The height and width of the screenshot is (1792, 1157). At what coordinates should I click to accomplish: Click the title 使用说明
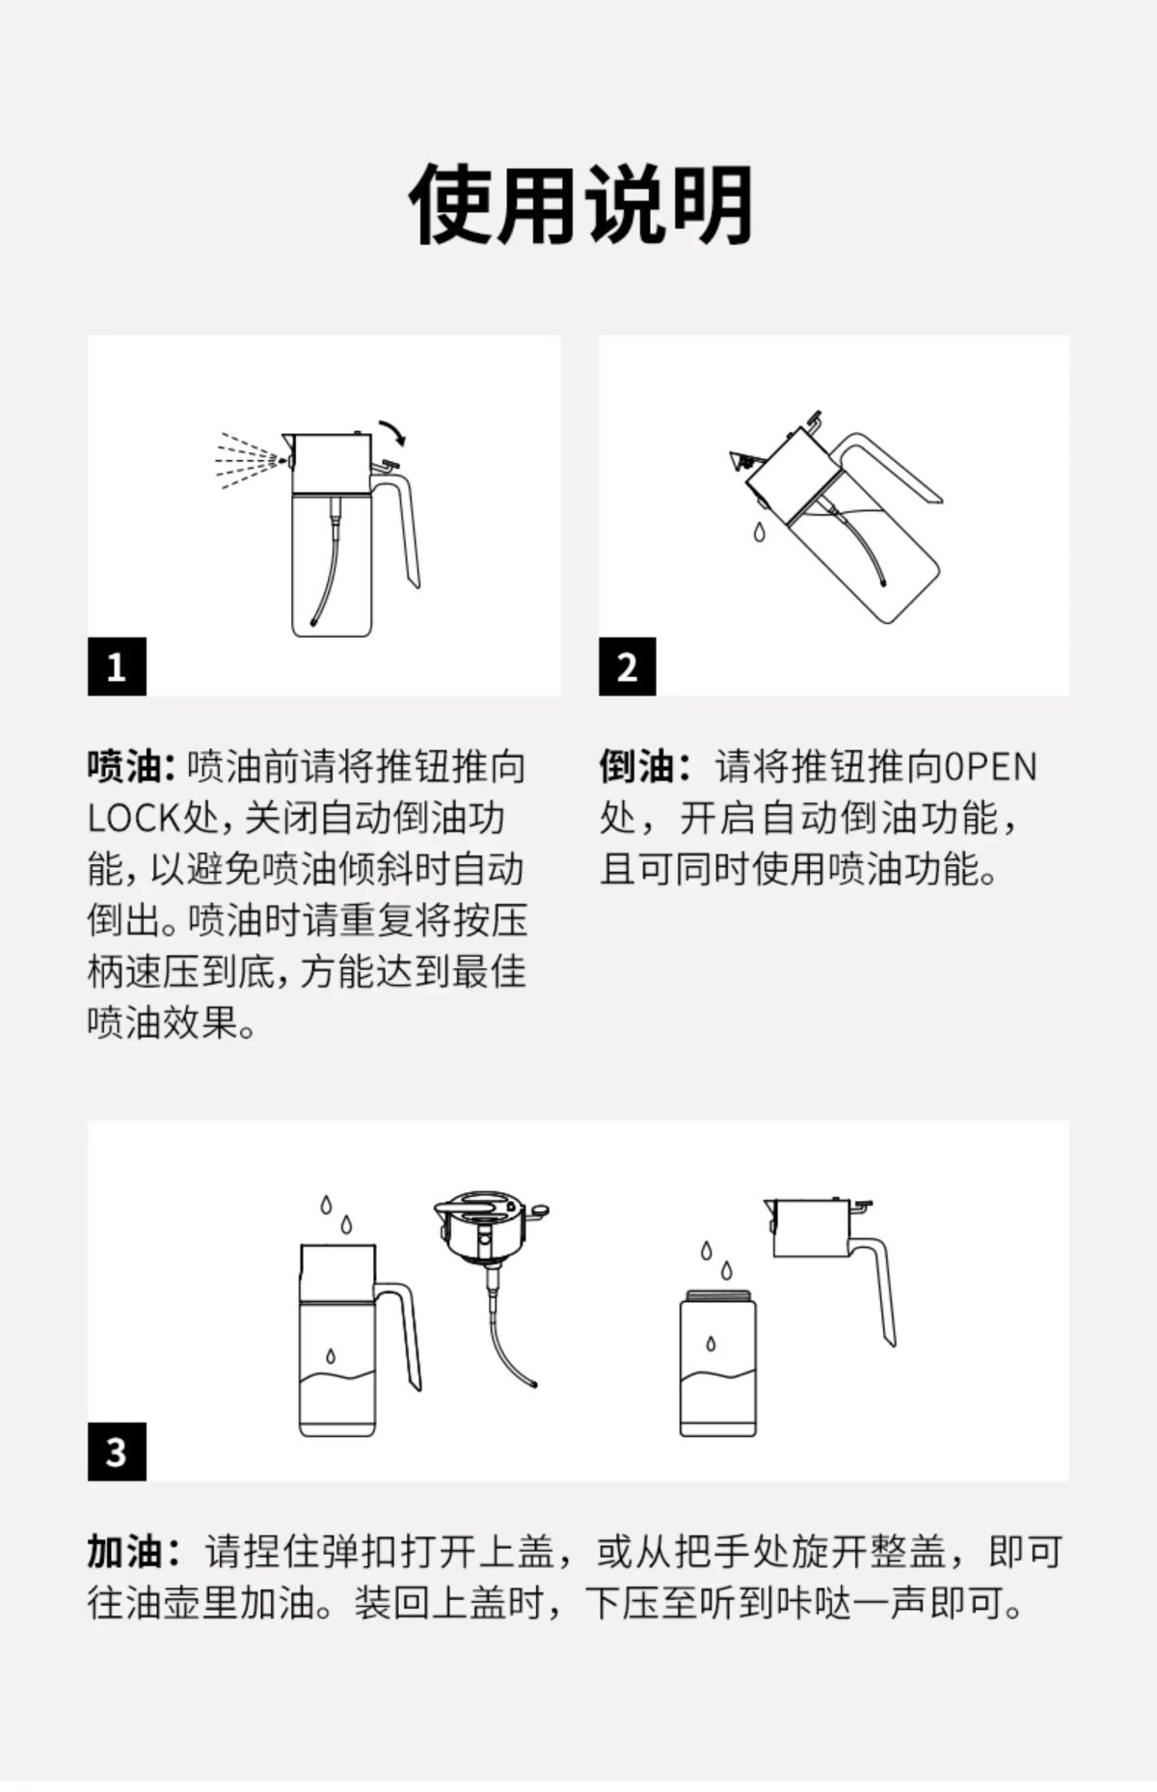580,204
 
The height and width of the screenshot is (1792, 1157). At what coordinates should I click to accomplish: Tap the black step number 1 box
117,665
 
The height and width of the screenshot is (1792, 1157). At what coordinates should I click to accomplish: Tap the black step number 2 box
627,665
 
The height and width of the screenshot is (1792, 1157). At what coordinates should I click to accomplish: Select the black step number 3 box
117,1451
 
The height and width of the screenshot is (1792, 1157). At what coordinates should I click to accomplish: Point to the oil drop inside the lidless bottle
711,1343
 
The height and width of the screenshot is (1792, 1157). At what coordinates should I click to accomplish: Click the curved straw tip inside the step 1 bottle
317,619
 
